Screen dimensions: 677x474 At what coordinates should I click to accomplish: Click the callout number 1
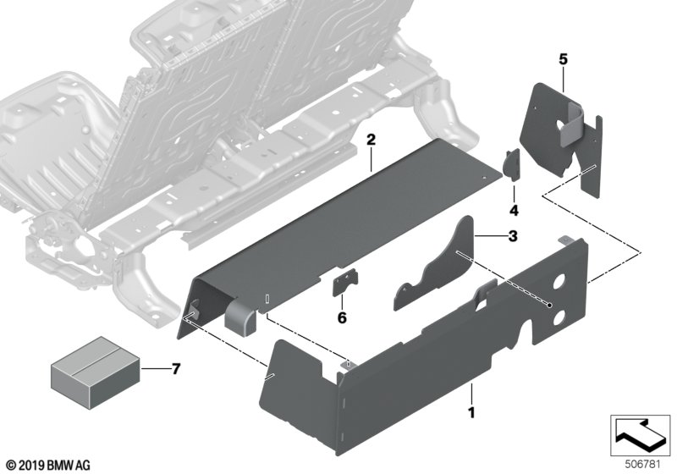[471, 412]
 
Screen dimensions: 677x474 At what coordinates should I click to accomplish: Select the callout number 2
[371, 140]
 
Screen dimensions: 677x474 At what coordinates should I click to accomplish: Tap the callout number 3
[513, 236]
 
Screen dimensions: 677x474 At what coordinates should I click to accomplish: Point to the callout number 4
[514, 211]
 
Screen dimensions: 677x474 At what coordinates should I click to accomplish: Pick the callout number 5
[563, 59]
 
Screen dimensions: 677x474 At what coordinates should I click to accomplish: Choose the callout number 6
[342, 318]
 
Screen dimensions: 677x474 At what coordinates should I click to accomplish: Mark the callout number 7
[175, 369]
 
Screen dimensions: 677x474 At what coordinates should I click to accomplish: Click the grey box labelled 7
[96, 372]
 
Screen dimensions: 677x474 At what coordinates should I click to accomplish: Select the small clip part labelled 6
[345, 282]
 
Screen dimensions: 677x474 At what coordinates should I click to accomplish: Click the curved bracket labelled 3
[434, 264]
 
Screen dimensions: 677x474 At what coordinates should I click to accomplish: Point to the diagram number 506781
[642, 465]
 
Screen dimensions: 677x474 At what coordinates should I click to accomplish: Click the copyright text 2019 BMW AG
[49, 466]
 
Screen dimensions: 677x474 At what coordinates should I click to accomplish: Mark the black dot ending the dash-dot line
[549, 305]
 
